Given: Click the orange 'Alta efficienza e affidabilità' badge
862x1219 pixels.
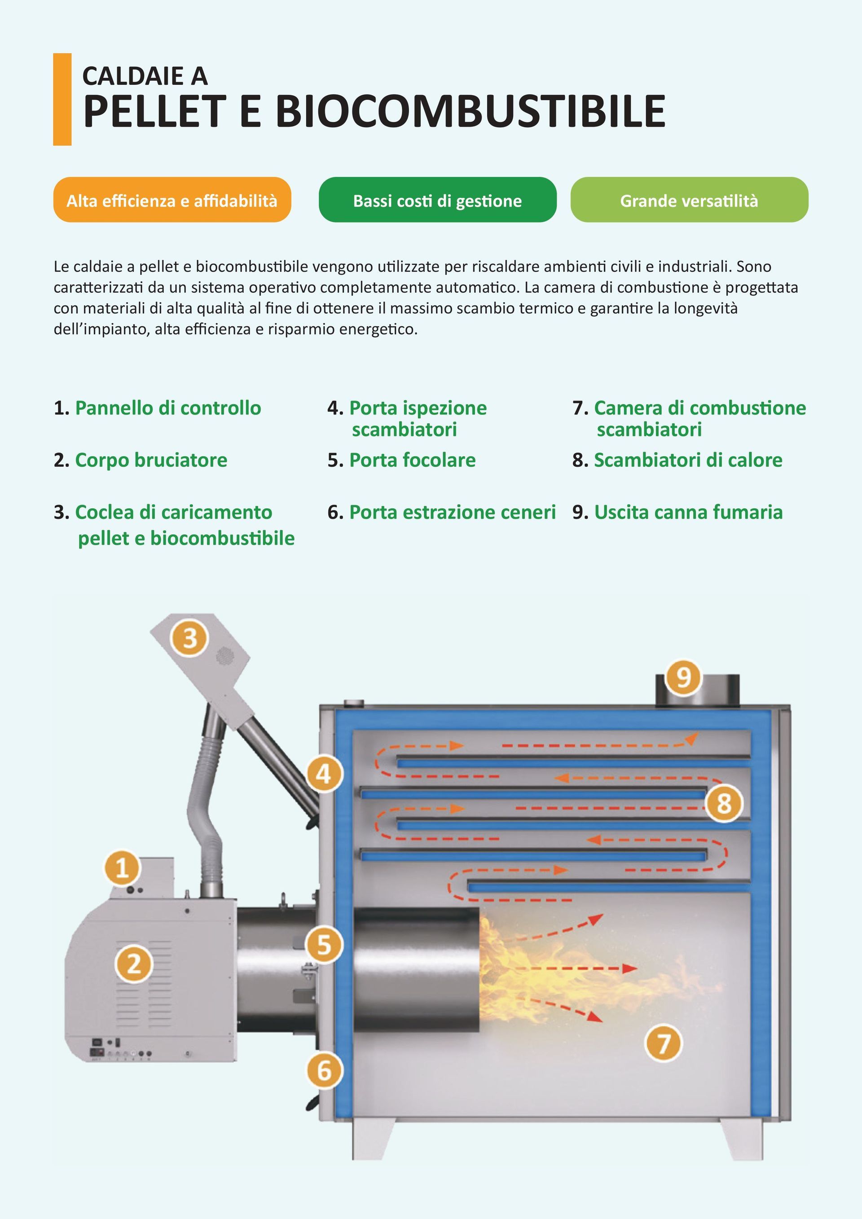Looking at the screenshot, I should [x=172, y=200].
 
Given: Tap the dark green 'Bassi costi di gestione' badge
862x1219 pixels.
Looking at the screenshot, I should [x=437, y=200].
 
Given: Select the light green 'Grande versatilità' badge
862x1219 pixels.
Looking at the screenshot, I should [x=689, y=200].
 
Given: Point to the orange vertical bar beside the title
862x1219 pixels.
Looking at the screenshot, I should [x=62, y=99].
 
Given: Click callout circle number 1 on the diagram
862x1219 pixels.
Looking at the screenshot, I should [x=122, y=868].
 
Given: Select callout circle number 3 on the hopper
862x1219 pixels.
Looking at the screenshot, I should [x=190, y=638].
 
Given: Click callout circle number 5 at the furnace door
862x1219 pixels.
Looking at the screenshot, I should [x=324, y=945].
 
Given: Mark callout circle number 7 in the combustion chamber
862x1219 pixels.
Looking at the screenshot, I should [x=664, y=1043].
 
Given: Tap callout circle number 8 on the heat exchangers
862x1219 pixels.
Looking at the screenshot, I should [x=724, y=803].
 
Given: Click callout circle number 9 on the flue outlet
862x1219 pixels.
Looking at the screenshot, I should [x=684, y=678].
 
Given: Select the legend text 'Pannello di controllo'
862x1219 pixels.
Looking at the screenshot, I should [x=168, y=408].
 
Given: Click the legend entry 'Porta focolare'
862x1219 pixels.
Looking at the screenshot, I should [x=412, y=460].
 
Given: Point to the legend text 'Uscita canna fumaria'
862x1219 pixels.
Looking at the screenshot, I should [x=688, y=512].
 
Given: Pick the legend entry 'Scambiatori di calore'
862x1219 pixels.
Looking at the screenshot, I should [x=688, y=460].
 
